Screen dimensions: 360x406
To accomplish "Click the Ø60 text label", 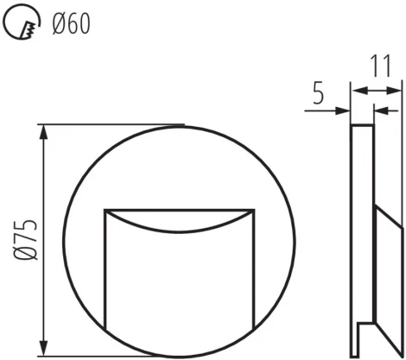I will pos(70,23).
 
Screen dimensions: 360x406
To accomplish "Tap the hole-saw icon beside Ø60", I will pos(21,23).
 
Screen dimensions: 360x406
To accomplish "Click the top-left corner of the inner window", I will pos(105,210).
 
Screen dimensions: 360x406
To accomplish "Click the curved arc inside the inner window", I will pos(181,230).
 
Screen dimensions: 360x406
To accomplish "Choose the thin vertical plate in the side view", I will pos(362,242).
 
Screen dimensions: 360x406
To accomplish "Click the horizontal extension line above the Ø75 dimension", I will pos(112,125).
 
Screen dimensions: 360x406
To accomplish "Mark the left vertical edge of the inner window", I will pos(105,276).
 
